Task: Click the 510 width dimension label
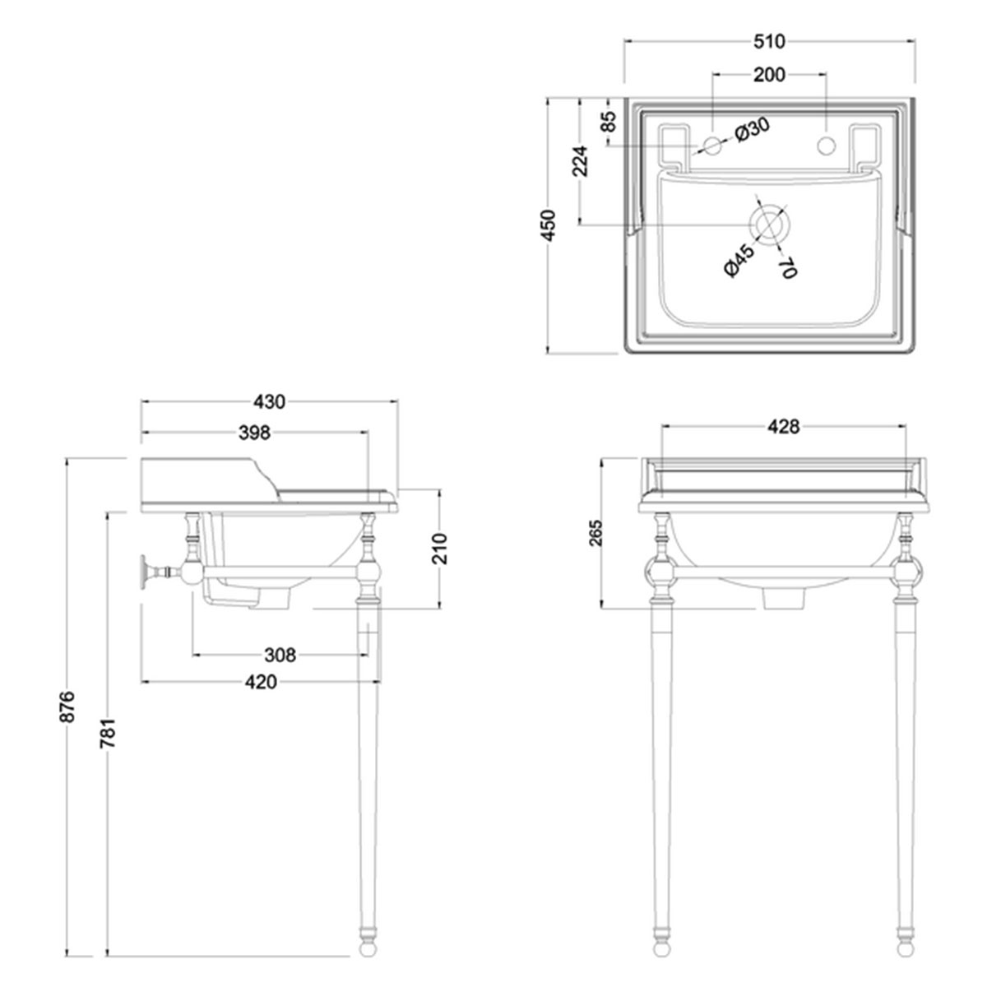[769, 40]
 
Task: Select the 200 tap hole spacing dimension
[769, 75]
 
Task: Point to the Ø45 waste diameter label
[734, 261]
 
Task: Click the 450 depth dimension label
[549, 226]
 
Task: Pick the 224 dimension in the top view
[581, 162]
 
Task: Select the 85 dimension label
[608, 123]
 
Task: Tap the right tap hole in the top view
[825, 146]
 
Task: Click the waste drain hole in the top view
[767, 224]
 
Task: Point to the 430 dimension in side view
[269, 401]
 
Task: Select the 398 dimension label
[254, 432]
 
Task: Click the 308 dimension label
[280, 655]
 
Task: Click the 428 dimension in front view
[783, 426]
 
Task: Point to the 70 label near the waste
[786, 268]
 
